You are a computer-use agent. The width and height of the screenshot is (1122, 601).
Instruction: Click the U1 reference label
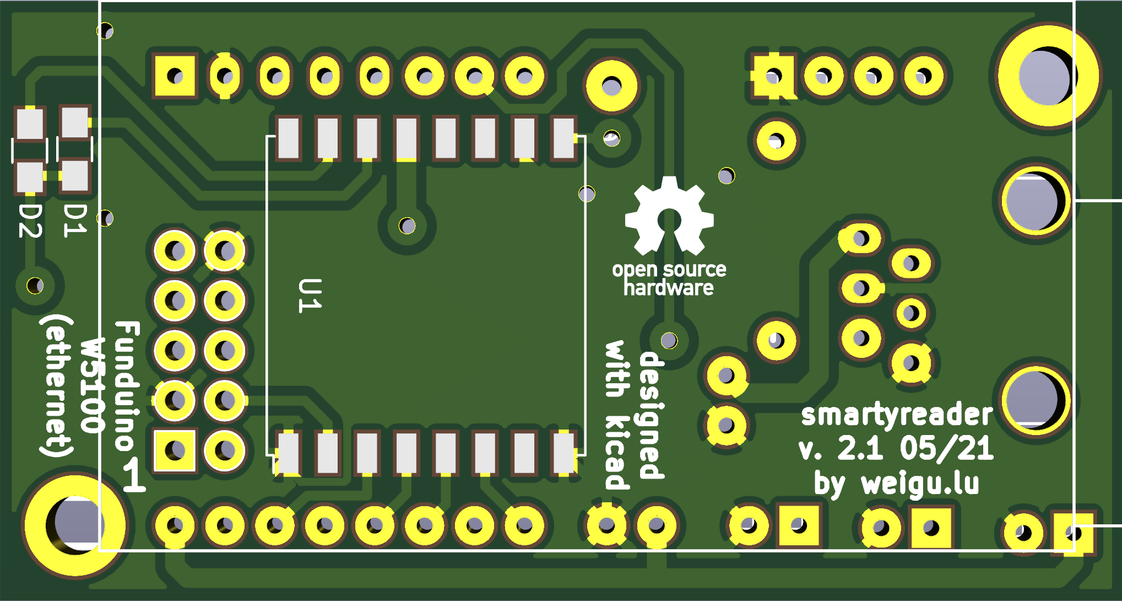(x=310, y=296)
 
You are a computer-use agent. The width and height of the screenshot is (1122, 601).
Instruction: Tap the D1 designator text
(x=75, y=221)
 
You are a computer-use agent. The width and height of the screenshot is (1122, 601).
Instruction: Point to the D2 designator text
(x=31, y=221)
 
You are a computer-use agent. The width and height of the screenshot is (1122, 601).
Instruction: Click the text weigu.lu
(x=920, y=484)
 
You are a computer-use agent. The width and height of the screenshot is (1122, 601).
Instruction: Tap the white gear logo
(x=669, y=216)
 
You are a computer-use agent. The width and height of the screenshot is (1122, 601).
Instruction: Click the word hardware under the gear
(x=669, y=288)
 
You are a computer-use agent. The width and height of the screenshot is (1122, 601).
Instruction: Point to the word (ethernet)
(x=57, y=386)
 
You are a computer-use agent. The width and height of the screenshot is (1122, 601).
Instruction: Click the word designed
(x=652, y=415)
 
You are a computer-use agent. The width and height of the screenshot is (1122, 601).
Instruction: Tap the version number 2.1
(x=860, y=448)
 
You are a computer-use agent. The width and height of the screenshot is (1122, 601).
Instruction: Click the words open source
(x=669, y=269)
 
